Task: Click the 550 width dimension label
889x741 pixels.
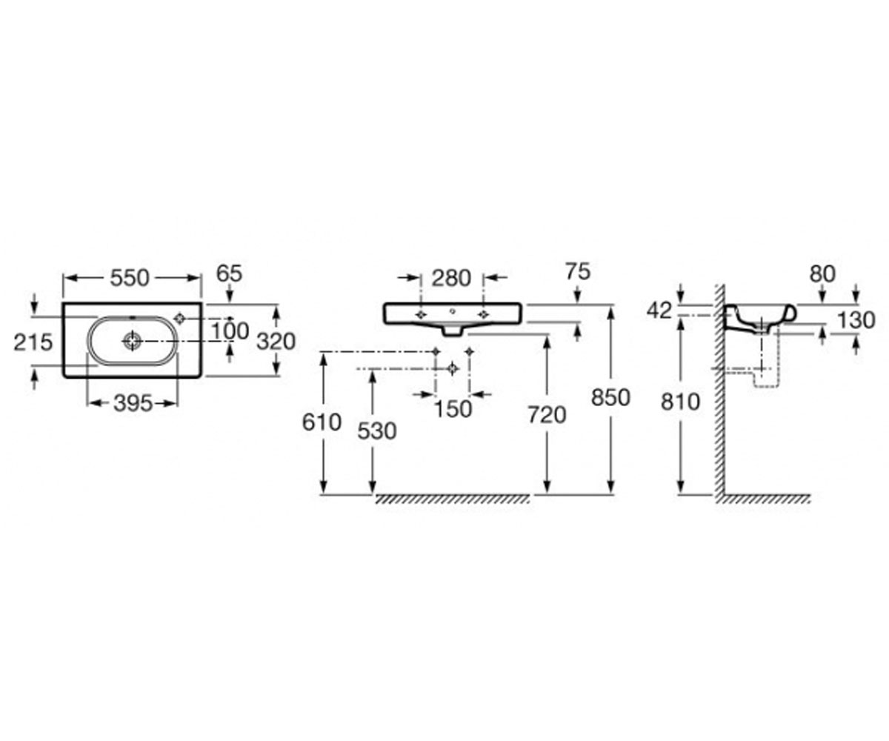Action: pyautogui.click(x=130, y=279)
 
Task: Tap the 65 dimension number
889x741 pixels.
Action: pyautogui.click(x=229, y=273)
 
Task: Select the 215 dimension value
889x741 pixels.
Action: pyautogui.click(x=33, y=342)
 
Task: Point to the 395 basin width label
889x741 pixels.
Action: pyautogui.click(x=133, y=404)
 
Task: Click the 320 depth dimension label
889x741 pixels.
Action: pyautogui.click(x=276, y=342)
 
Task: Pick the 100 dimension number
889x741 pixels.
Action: pyautogui.click(x=230, y=331)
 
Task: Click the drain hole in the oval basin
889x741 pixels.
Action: pyautogui.click(x=132, y=341)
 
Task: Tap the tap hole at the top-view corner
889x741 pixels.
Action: pyautogui.click(x=180, y=318)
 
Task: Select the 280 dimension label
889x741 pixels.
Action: pyautogui.click(x=451, y=279)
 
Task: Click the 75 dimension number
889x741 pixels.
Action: pyautogui.click(x=578, y=272)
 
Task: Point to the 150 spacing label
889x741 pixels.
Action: pyautogui.click(x=453, y=410)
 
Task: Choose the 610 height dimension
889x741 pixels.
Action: pyautogui.click(x=322, y=423)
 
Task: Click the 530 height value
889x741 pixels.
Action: pyautogui.click(x=377, y=431)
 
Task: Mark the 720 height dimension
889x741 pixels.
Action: pyautogui.click(x=547, y=415)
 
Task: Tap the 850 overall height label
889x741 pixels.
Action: pyautogui.click(x=610, y=398)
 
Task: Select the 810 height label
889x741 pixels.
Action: pyautogui.click(x=680, y=402)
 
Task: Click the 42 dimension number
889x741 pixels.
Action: pyautogui.click(x=659, y=311)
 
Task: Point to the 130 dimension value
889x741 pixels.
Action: pyautogui.click(x=856, y=320)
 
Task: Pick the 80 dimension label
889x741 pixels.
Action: pyautogui.click(x=822, y=275)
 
